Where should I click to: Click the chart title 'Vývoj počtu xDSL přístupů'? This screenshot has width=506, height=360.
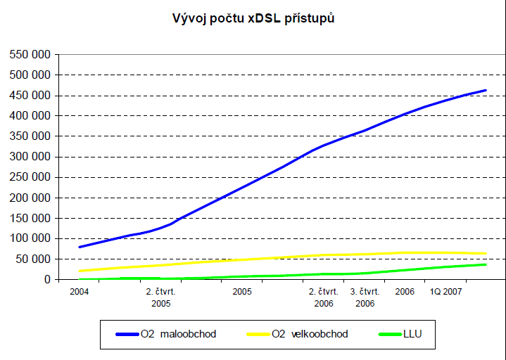click(253, 18)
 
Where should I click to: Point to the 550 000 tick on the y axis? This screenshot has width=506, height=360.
click(29, 54)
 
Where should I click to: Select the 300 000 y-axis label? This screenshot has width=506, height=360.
click(29, 157)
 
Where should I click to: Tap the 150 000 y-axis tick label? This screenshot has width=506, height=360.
click(29, 218)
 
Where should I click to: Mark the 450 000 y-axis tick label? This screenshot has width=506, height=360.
click(29, 96)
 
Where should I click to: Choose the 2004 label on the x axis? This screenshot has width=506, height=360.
click(80, 291)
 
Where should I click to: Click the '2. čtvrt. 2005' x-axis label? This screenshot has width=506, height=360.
click(160, 297)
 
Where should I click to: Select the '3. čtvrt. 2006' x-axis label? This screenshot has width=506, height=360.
click(365, 297)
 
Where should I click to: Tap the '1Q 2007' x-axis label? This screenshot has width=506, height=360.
click(445, 291)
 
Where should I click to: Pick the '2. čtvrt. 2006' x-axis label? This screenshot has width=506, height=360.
click(324, 297)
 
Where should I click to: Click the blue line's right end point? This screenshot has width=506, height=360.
click(486, 90)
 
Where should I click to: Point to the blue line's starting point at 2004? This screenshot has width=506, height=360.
click(80, 247)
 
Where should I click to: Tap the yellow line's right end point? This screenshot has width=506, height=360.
click(486, 253)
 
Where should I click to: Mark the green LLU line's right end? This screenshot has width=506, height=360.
click(486, 264)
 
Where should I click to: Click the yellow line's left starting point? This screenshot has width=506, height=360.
click(80, 271)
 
